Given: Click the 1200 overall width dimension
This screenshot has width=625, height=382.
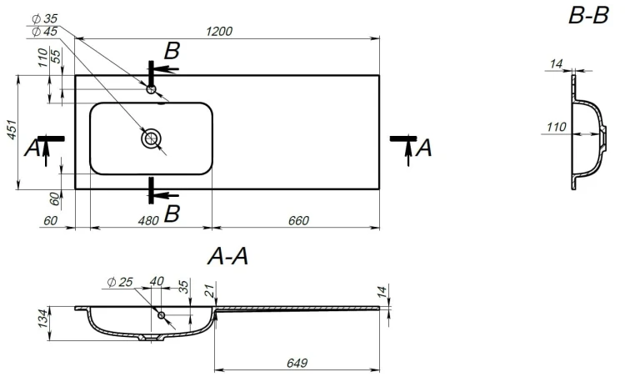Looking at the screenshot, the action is (x=219, y=31).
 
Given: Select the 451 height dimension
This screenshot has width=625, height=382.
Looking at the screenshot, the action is (x=12, y=129).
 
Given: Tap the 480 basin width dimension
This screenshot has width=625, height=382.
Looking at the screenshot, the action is (x=148, y=220).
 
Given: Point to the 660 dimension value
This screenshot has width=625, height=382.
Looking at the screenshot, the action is (x=298, y=220).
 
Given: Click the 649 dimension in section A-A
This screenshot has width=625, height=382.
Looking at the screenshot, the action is (x=297, y=363).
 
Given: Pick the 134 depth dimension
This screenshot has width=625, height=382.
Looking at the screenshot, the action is (x=44, y=318).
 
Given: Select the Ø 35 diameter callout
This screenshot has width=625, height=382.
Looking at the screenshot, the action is (x=45, y=18).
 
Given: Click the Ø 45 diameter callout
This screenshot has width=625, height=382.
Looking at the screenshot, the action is (x=45, y=31).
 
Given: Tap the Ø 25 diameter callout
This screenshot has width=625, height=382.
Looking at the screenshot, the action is (x=120, y=282).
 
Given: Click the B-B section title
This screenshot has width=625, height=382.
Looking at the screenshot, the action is (x=588, y=16).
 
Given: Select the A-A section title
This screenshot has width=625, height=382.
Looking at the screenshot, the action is (x=227, y=256).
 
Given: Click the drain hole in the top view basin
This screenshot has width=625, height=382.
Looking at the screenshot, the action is (x=151, y=138).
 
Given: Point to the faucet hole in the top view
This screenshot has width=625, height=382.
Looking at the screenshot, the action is (x=151, y=89).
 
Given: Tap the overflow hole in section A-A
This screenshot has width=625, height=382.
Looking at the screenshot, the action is (x=162, y=315).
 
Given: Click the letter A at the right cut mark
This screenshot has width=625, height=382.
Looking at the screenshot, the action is (x=423, y=148).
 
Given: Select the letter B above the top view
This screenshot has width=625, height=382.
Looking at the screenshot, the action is (x=172, y=51).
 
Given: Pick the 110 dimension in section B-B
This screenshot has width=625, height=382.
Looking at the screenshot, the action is (x=557, y=128).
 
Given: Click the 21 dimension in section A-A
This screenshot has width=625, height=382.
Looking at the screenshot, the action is (x=212, y=290).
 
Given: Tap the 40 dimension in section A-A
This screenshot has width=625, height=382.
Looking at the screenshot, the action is (x=157, y=281).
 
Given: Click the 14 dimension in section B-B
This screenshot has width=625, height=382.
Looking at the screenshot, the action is (x=556, y=63).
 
